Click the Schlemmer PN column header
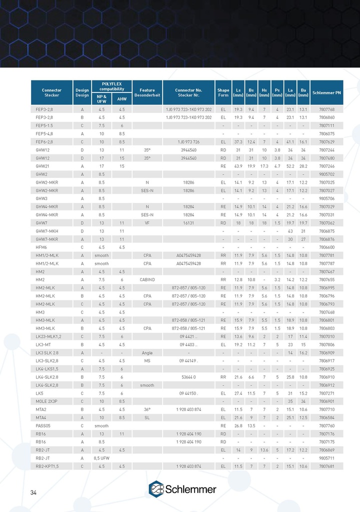pos(326,92)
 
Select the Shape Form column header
pos(223,92)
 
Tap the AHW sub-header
pos(121,99)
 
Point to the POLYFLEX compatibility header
pos(111,86)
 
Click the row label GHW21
pos(42,165)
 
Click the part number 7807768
pos(326,109)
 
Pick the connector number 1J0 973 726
pos(188,142)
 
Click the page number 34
pos(33,493)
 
